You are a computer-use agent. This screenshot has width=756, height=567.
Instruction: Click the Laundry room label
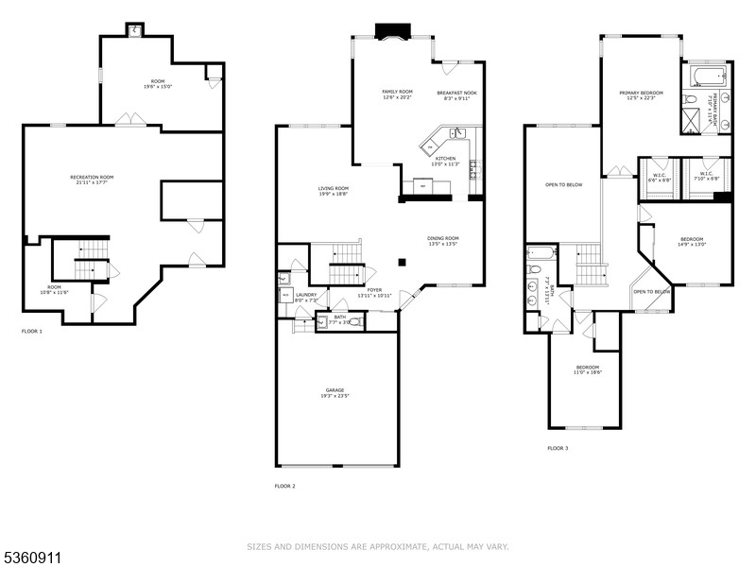pos(305,297)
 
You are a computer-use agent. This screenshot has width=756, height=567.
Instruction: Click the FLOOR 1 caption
pos(32,331)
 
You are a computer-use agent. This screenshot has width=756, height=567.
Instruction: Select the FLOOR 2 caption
pos(284,486)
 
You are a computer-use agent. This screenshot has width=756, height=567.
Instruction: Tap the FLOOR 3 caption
pos(558,448)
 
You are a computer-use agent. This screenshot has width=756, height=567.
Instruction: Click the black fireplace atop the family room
pos(389,32)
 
